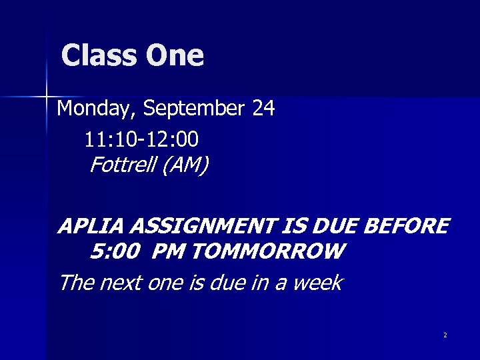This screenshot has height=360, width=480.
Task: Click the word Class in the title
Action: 99,56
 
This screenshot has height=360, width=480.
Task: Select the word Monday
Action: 97,109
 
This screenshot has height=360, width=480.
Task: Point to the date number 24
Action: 263,108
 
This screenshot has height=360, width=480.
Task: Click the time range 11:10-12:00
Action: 141,139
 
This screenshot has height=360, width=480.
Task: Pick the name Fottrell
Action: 121,163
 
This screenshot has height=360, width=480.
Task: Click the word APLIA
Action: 91,227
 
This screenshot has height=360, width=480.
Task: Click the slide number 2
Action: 445,335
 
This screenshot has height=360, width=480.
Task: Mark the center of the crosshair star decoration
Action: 47,97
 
